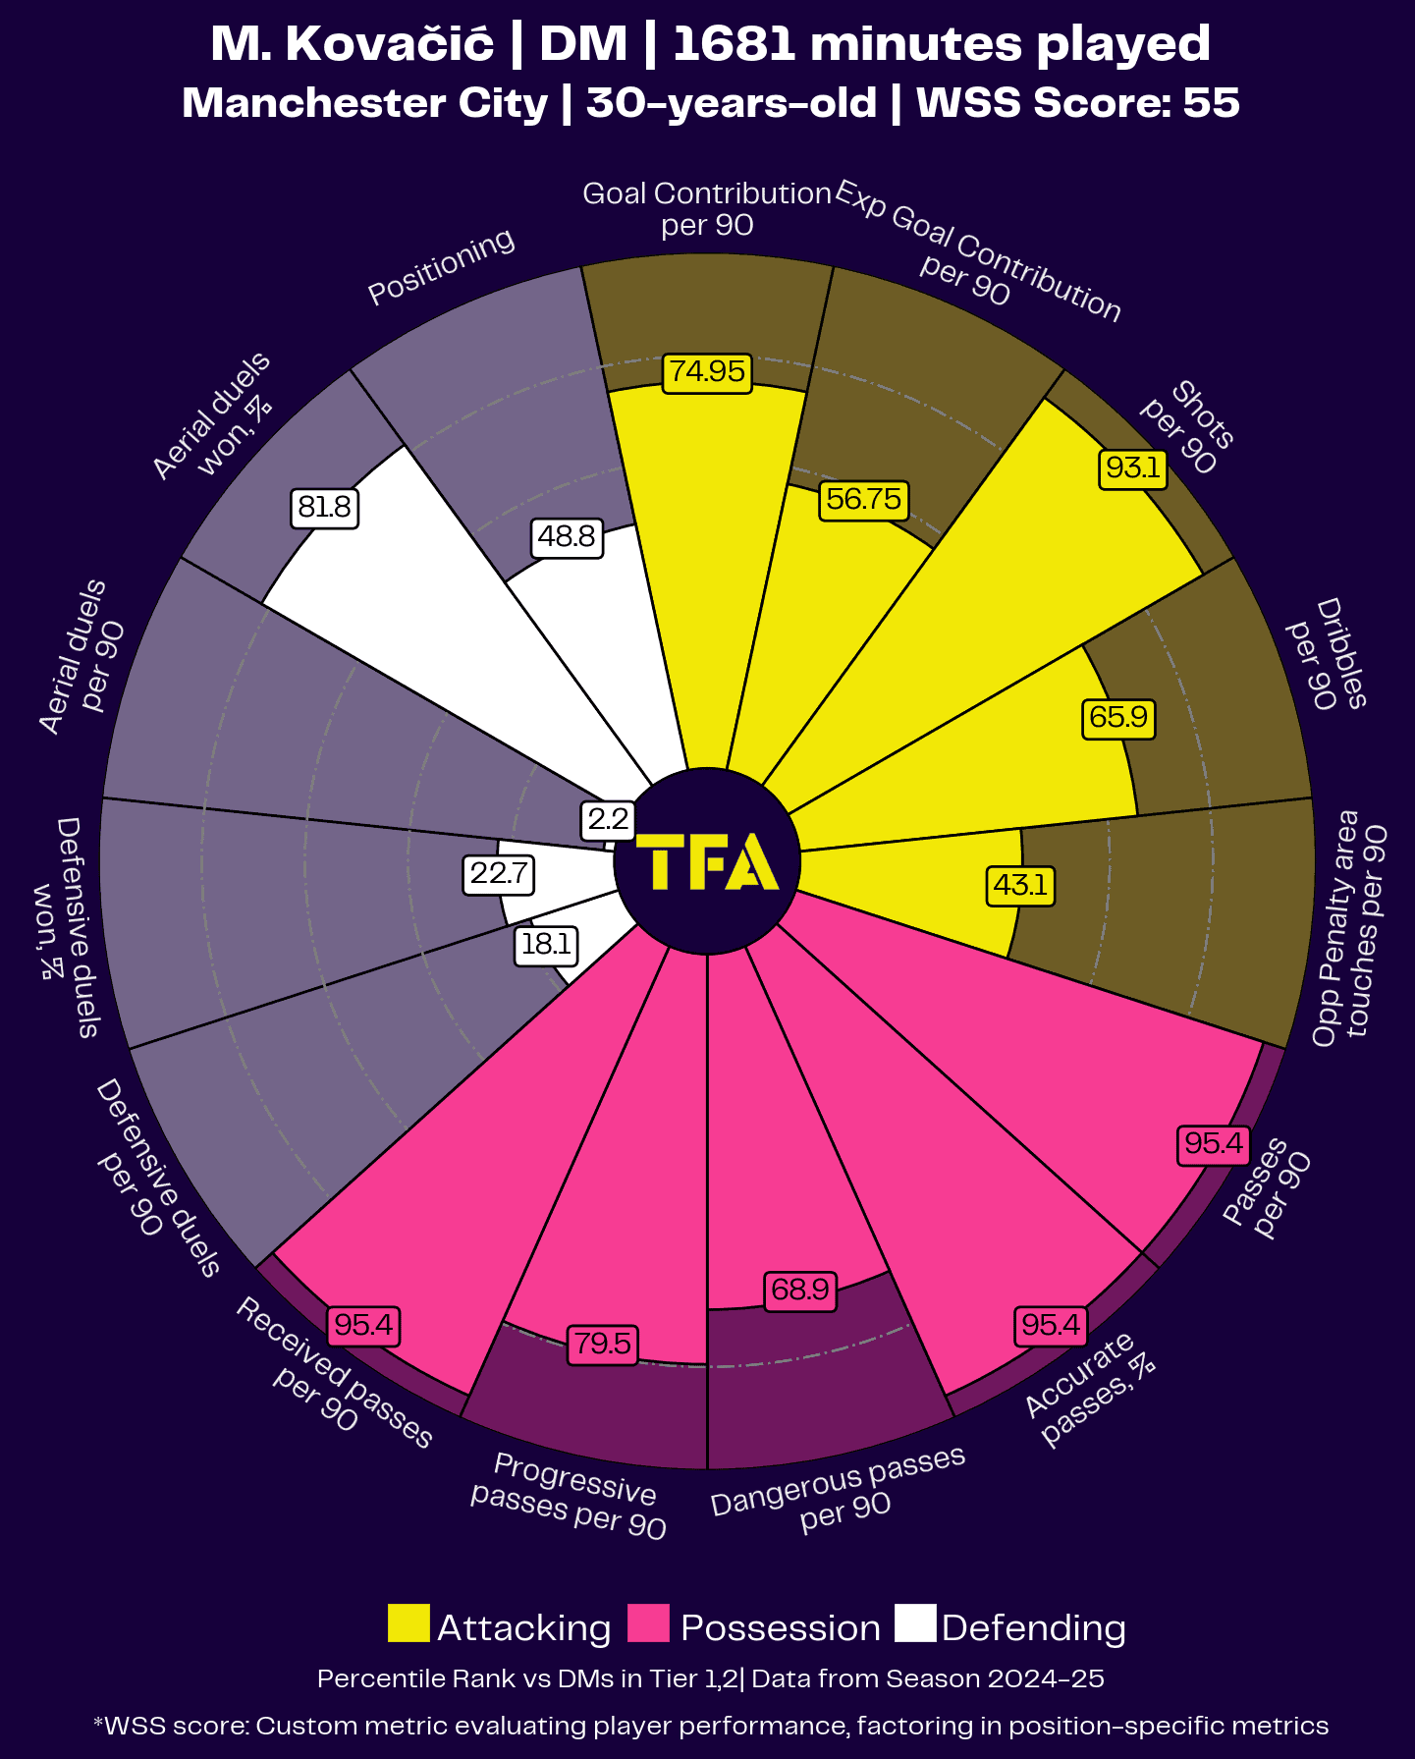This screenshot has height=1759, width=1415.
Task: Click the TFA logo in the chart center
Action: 707,862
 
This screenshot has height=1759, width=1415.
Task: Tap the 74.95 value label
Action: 707,372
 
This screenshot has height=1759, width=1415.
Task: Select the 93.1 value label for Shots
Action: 1132,467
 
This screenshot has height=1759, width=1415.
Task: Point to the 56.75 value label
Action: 863,499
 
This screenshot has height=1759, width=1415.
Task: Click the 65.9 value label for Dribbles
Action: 1117,717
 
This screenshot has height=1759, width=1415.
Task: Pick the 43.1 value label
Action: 1020,885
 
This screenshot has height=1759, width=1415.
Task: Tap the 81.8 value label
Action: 324,507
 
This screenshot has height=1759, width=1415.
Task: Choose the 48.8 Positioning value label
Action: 567,536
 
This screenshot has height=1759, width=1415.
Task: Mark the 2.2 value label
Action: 608,819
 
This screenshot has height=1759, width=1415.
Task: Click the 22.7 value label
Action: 499,872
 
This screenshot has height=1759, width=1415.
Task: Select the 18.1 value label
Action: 546,945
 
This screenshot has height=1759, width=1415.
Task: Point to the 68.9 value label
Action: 800,1289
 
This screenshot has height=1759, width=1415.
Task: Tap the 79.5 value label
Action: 602,1343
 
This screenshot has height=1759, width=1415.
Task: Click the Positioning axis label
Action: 441,266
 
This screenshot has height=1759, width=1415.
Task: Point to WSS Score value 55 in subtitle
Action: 1211,103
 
